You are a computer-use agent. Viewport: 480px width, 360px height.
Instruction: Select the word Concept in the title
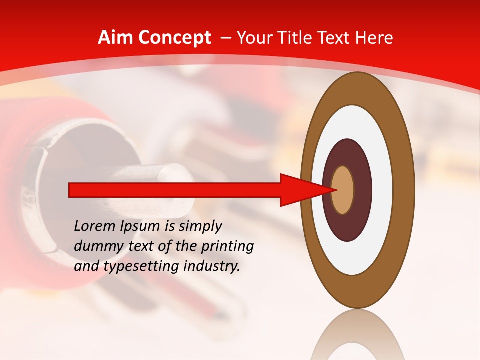coord(174,38)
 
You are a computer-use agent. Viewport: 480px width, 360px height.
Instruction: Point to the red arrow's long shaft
coord(175,190)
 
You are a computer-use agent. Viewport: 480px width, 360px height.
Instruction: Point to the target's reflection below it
coord(358,337)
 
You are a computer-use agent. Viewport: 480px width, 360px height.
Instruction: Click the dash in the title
coord(225,38)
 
